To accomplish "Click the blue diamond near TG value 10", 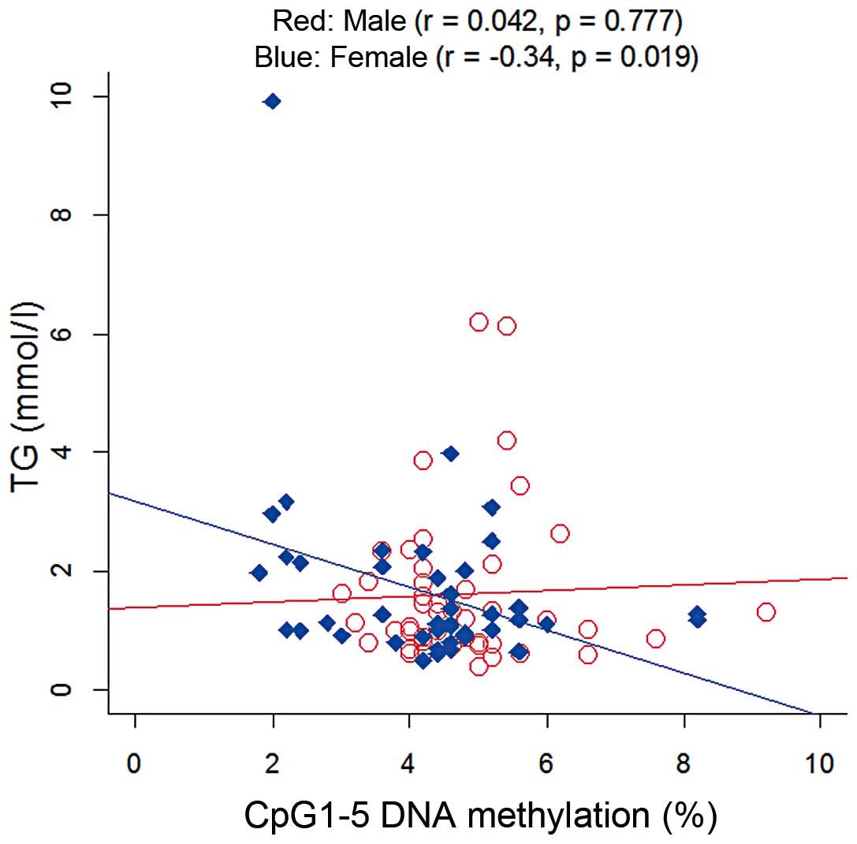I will point(272,101).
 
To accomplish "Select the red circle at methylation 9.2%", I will point(766,612).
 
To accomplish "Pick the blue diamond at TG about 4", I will point(450,454).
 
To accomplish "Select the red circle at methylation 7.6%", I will point(655,638).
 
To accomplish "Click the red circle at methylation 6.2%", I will point(560,534).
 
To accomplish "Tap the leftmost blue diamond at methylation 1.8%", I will point(259,573).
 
